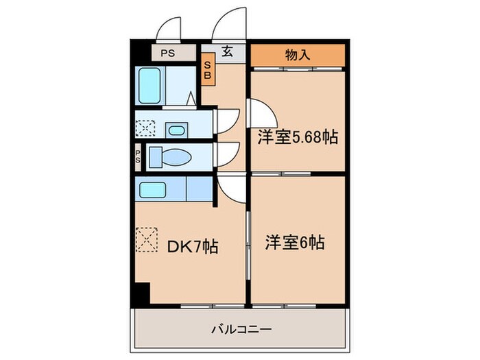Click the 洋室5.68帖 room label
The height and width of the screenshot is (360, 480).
point(298,137)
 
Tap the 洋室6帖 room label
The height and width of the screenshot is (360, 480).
point(295,242)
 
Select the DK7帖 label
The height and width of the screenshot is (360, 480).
point(193,245)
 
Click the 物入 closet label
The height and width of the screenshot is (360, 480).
point(296,55)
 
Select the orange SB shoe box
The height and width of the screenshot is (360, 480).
point(208,71)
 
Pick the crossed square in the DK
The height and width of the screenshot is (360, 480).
point(146,240)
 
